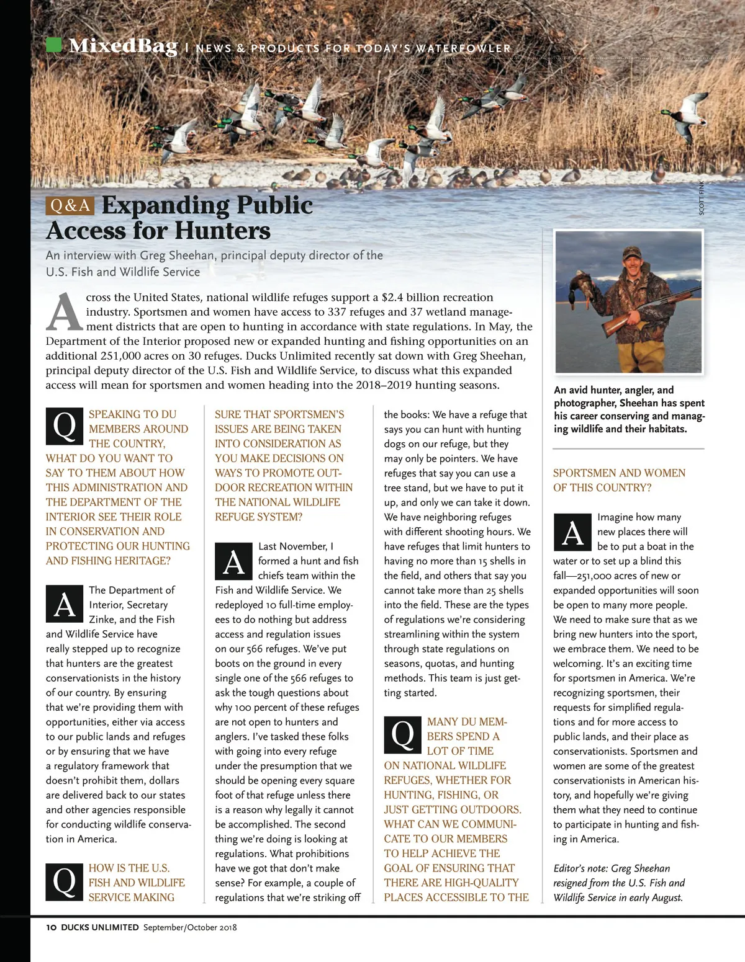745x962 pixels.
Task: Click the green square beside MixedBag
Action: [x=54, y=45]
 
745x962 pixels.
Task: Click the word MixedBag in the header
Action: [x=123, y=46]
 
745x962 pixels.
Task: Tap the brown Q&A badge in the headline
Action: [x=70, y=205]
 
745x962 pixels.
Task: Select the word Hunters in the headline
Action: [x=222, y=231]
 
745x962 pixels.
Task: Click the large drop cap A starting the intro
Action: [x=64, y=312]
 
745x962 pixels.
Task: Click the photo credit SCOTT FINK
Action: [x=702, y=198]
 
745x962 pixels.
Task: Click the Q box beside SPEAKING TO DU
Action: [x=65, y=426]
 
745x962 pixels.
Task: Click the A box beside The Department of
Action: [x=65, y=604]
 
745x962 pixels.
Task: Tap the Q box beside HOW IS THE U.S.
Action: [x=65, y=882]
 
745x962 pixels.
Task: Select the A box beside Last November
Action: [x=233, y=561]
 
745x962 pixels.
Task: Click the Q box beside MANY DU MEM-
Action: [x=402, y=734]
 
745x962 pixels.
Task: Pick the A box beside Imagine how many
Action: [x=572, y=532]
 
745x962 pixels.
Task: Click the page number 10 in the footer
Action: [x=51, y=927]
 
